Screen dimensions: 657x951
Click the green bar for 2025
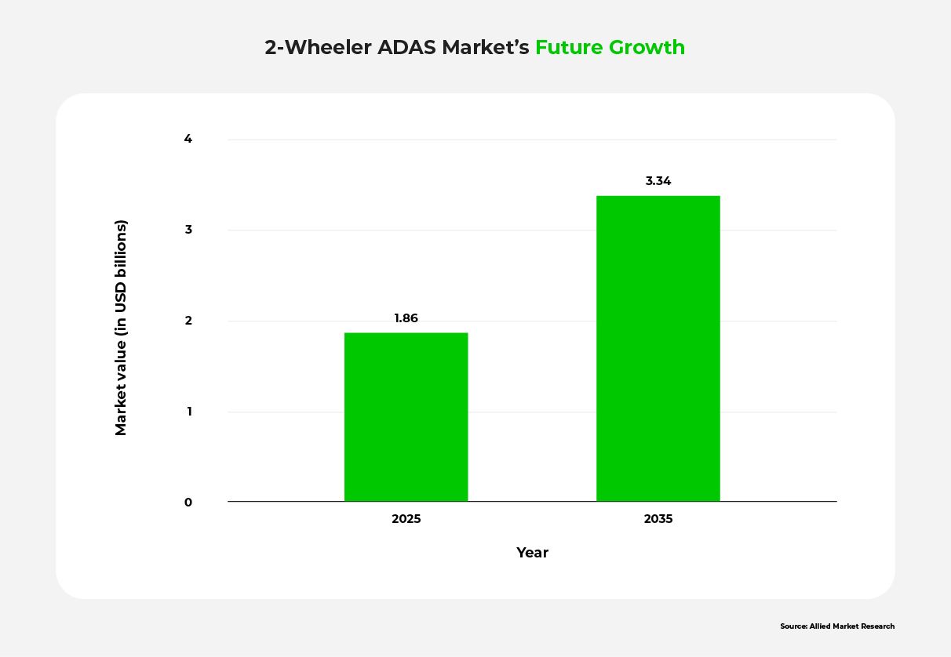[406, 417]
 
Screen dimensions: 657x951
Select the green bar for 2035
[658, 348]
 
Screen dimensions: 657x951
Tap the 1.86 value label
[406, 318]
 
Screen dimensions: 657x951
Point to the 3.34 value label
[658, 181]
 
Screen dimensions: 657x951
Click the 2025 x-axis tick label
[406, 519]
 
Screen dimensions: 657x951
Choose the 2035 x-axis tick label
[658, 519]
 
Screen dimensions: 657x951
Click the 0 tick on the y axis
[188, 503]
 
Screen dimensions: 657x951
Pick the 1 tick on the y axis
[188, 412]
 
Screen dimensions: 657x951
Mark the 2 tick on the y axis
[188, 321]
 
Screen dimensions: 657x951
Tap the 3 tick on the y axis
[188, 230]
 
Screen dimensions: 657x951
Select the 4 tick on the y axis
[188, 140]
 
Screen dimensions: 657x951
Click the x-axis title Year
[532, 553]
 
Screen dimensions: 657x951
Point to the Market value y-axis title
[121, 328]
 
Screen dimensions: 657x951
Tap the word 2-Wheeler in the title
[318, 48]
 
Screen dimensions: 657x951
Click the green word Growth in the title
[647, 48]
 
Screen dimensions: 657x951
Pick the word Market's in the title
[486, 48]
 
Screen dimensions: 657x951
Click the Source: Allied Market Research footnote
[837, 626]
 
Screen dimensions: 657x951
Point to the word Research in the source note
[877, 626]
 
